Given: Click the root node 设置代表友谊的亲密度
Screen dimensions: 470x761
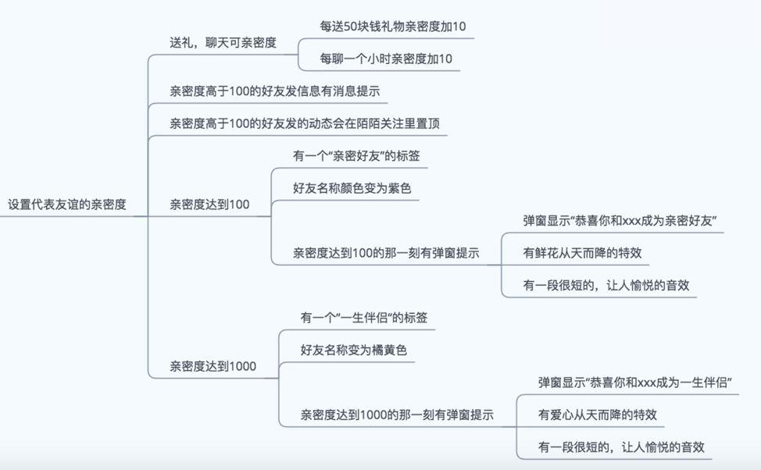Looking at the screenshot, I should (x=67, y=205).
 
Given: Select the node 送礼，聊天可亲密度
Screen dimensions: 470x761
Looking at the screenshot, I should (x=223, y=43).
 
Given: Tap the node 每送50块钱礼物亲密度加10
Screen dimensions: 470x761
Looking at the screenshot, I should (x=393, y=27).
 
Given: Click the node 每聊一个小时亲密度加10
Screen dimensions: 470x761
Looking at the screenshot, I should (x=386, y=59).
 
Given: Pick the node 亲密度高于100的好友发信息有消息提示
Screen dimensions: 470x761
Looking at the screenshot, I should (x=275, y=91).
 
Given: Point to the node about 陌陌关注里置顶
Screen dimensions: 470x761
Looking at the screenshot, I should (x=308, y=123).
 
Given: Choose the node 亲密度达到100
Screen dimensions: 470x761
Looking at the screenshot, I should (x=210, y=205).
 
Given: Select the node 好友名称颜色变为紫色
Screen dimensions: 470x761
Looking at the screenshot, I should (x=352, y=188).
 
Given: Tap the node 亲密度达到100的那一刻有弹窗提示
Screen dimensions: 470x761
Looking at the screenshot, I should (x=386, y=253).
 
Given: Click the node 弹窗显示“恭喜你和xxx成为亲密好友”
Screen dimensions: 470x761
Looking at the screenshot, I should (x=620, y=221).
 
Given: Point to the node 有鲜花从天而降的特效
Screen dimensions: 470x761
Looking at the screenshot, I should (x=586, y=253).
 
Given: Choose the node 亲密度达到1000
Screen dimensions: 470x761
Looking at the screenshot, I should (x=213, y=366).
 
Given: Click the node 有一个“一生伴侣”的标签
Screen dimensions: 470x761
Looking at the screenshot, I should (x=364, y=318).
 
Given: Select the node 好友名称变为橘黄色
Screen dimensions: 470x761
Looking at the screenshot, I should (x=354, y=351).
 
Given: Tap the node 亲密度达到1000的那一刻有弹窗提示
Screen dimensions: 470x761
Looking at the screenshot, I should (x=397, y=415).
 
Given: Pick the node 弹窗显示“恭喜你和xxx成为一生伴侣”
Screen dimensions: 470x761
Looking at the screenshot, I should (x=634, y=383).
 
